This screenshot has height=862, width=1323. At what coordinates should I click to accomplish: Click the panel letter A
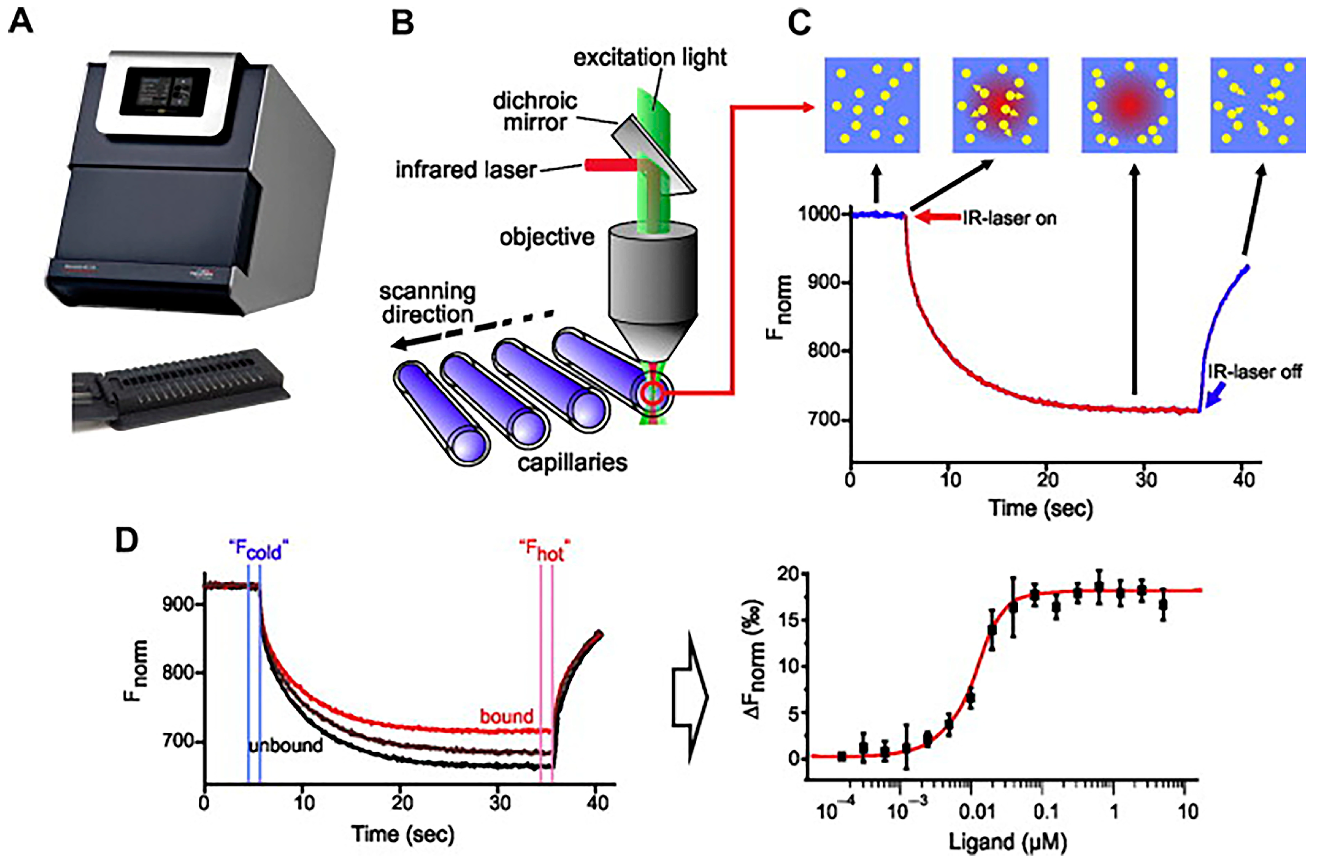(x=21, y=23)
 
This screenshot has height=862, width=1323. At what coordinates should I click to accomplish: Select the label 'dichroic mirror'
(x=535, y=112)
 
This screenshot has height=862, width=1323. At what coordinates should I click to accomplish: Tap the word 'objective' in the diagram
(x=546, y=237)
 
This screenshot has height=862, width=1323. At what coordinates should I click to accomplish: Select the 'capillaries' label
(x=572, y=462)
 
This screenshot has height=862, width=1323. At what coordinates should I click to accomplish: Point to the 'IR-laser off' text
(x=1254, y=371)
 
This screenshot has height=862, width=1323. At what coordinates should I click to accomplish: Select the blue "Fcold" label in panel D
(x=259, y=550)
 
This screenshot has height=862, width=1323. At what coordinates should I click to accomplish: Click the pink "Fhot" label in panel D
(x=544, y=550)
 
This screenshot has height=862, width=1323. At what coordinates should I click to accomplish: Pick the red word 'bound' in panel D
(x=506, y=716)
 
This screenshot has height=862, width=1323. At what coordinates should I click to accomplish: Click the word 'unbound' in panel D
(x=285, y=745)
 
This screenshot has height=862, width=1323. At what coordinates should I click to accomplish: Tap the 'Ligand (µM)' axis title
(x=1007, y=842)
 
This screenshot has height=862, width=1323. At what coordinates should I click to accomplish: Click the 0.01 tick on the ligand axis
(x=976, y=812)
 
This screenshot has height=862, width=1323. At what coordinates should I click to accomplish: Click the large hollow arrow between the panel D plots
(x=689, y=697)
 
